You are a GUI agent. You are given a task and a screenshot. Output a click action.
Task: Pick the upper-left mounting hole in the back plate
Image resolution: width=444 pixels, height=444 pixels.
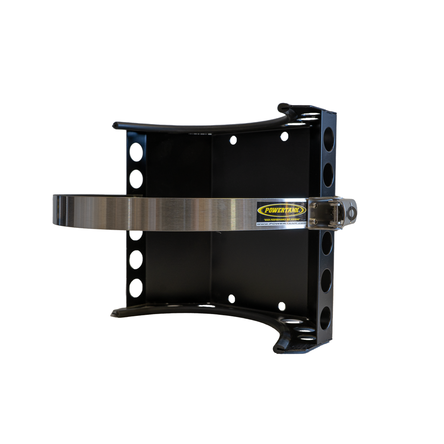233,140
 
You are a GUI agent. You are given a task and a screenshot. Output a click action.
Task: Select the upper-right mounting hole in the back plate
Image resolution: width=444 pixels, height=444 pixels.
284,136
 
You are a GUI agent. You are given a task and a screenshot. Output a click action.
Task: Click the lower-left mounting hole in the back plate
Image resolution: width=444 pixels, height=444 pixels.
232,299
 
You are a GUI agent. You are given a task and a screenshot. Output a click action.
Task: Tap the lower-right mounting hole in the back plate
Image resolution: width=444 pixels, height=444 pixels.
282,306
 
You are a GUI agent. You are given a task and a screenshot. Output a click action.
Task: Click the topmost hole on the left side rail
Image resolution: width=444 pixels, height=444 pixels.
136,152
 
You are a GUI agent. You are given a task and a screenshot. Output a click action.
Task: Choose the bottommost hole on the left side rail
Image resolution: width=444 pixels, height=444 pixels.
136,287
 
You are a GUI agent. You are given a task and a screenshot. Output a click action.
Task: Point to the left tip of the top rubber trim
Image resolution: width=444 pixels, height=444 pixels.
115,125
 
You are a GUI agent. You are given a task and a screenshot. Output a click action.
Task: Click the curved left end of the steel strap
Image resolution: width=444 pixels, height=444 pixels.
55,211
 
